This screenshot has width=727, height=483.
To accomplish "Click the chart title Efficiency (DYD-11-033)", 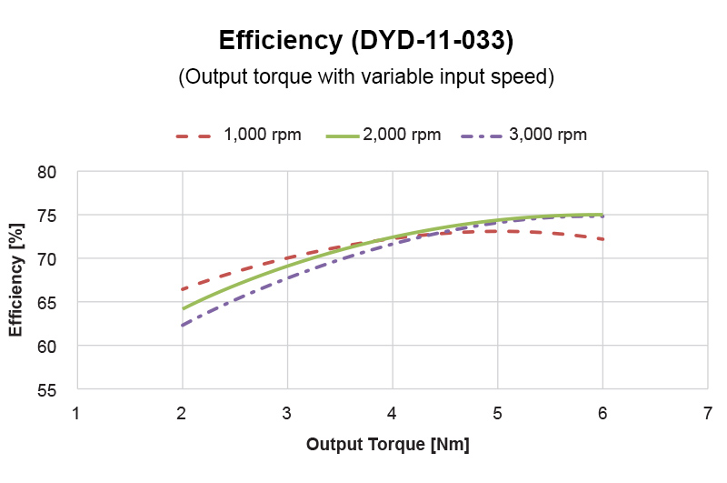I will [366, 41].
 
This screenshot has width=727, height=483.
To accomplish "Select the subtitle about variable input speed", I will [366, 77].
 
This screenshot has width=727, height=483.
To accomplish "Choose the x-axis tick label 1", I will [77, 412].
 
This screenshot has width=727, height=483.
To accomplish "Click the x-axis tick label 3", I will [287, 412].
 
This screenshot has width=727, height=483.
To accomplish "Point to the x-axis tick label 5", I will [498, 412].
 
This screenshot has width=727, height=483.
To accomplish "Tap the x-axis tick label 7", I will [708, 412].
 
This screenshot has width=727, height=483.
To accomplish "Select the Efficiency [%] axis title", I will [16, 280].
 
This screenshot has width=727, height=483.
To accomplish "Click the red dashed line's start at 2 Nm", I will [183, 289].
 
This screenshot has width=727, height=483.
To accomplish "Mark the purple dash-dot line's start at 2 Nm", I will [183, 326].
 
